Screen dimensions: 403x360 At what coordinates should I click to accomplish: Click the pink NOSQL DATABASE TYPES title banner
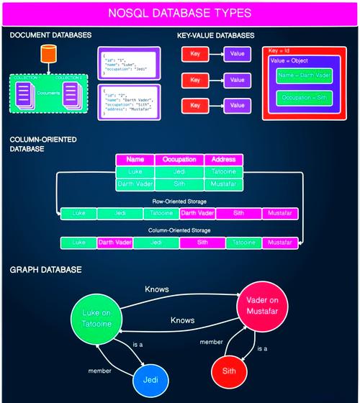179,13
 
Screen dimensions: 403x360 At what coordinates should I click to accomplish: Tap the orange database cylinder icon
48,54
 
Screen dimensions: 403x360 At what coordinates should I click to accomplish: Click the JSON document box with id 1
132,63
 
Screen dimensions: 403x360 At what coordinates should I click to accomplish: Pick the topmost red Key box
194,54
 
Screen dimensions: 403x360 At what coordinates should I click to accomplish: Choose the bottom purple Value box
237,105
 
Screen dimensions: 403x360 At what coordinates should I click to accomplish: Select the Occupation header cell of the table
179,160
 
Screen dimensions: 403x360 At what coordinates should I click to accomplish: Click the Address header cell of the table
224,160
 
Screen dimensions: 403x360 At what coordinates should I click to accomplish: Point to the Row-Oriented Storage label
179,201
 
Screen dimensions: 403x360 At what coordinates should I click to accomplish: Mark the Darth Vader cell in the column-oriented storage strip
114,243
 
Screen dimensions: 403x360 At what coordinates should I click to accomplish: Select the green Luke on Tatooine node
96,320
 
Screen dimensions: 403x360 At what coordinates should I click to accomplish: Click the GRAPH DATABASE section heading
45,270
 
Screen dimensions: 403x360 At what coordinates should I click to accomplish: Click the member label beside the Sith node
211,342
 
